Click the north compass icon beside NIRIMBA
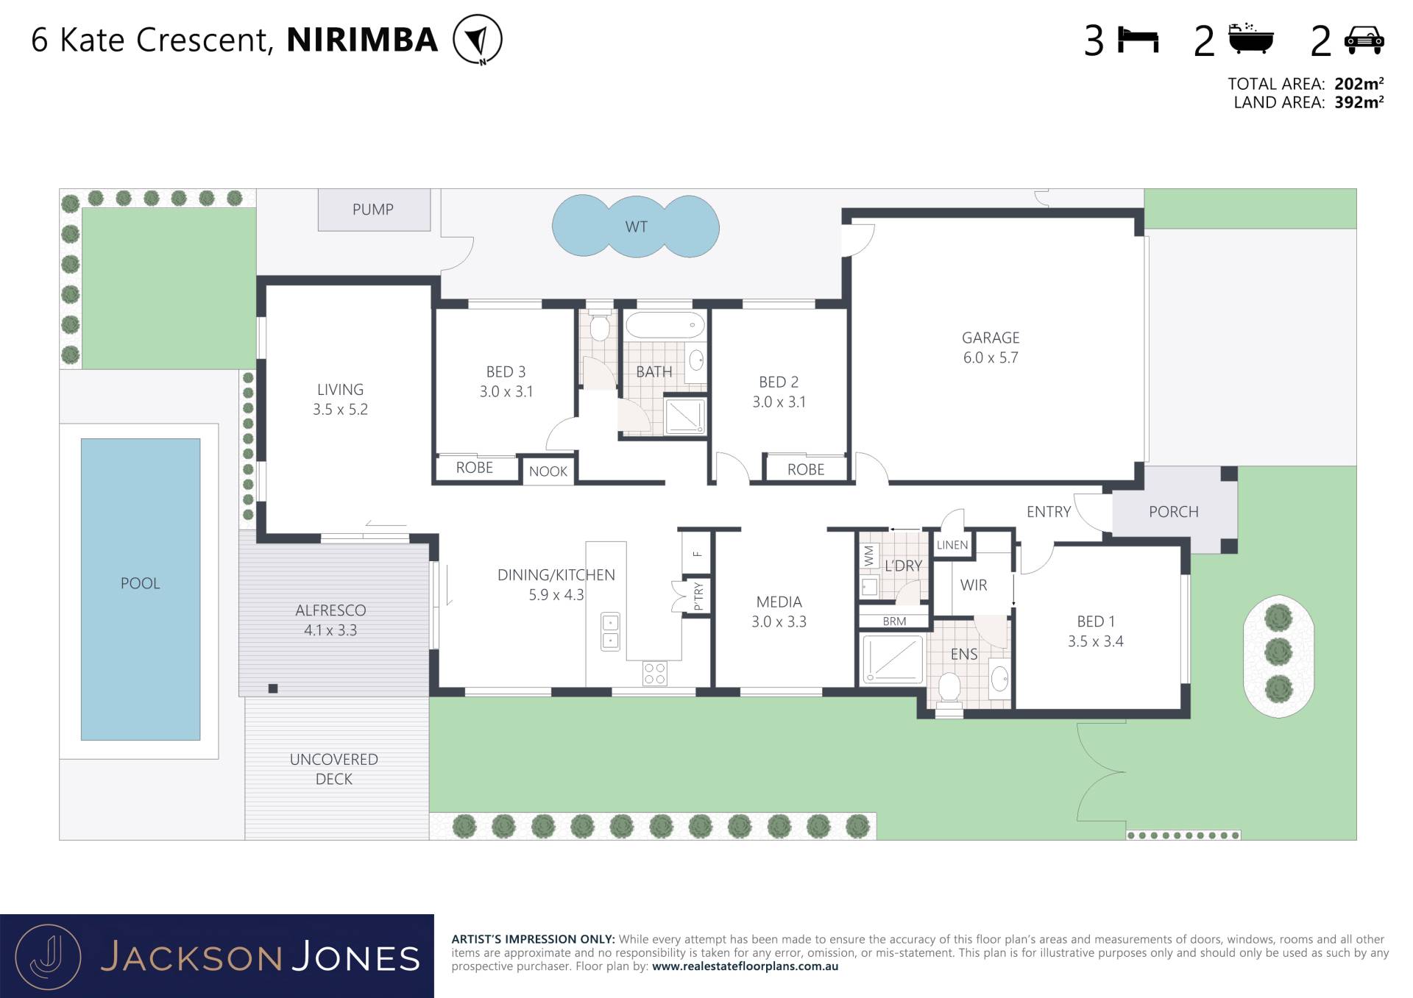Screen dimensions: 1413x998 click(x=478, y=40)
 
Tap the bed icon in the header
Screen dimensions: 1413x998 click(x=1138, y=40)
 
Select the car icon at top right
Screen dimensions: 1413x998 click(x=1364, y=40)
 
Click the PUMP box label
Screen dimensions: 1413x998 click(x=373, y=210)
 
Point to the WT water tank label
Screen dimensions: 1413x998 click(x=636, y=227)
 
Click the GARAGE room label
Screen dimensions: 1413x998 click(x=991, y=338)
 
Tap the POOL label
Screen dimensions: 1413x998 click(x=140, y=583)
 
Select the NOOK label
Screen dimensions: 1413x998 click(x=548, y=471)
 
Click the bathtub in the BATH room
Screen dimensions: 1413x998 click(x=665, y=324)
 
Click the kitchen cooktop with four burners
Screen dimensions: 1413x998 click(x=655, y=674)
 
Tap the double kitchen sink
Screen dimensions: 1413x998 click(x=610, y=632)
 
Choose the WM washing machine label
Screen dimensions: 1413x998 click(x=869, y=556)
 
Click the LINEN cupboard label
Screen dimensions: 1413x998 click(x=952, y=545)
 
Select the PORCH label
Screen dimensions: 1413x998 click(x=1173, y=512)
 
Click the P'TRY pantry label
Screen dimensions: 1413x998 click(x=698, y=596)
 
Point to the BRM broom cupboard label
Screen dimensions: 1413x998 click(x=894, y=621)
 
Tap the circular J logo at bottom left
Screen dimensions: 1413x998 click(x=49, y=957)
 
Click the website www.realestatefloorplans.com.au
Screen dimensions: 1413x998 click(x=745, y=966)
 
